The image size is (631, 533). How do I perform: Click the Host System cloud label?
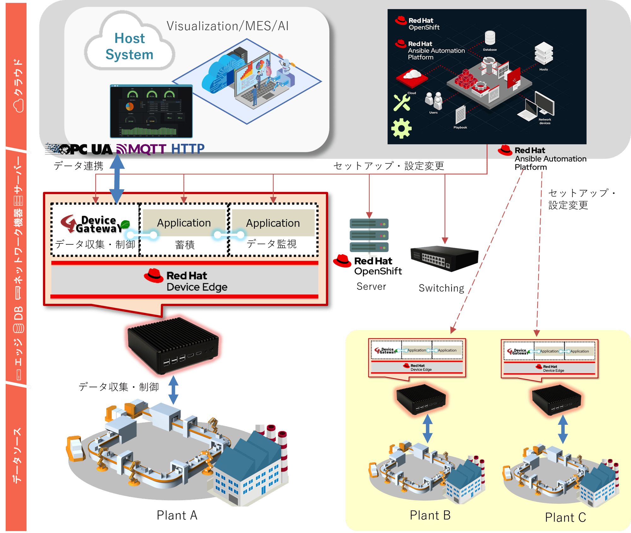point(129,46)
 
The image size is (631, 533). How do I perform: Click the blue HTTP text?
point(188,149)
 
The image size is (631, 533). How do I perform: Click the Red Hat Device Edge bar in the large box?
point(185,281)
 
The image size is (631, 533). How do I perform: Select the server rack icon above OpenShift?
point(369,236)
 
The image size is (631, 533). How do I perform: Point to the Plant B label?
point(430,515)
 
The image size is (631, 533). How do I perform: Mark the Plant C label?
point(565,518)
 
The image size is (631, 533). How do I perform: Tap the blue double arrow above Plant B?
point(428,429)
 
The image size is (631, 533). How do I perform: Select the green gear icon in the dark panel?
point(401,128)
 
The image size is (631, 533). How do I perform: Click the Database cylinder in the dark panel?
point(490,38)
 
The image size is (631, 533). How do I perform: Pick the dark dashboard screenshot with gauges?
point(151,111)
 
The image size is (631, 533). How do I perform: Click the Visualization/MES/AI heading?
point(227,26)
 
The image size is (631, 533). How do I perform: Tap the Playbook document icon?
point(460,115)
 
